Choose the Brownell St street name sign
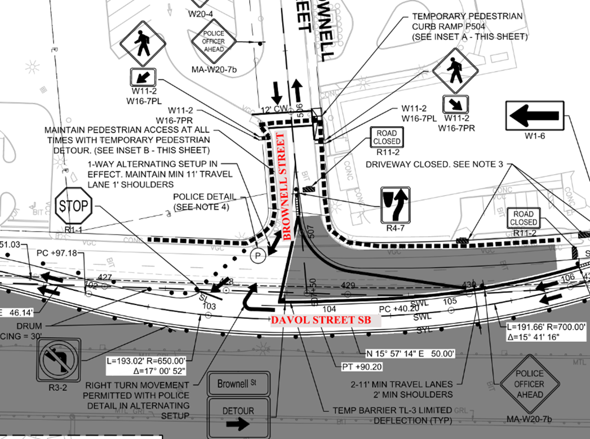tap(237, 385)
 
